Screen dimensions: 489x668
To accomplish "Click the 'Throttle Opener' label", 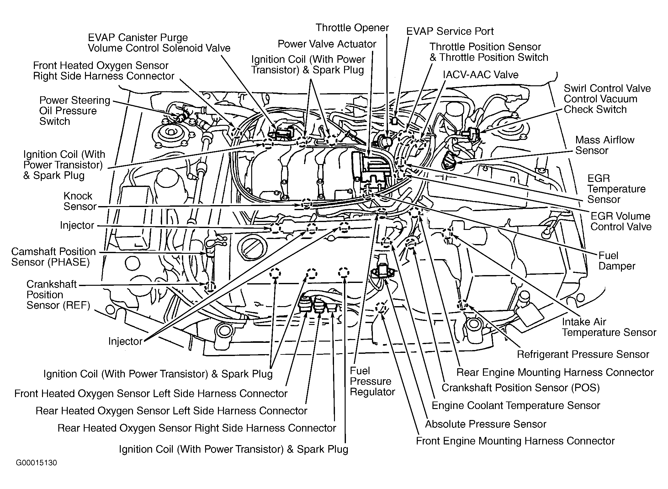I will [x=352, y=28].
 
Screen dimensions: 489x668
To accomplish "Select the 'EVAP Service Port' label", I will [x=450, y=31].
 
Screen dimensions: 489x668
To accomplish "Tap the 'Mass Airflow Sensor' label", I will [x=604, y=145].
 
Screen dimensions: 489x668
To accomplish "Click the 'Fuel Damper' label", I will [x=617, y=261].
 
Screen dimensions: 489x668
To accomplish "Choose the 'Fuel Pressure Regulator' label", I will [x=372, y=381].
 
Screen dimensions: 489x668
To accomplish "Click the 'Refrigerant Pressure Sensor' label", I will [x=583, y=354].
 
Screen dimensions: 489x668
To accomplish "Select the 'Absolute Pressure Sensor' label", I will [x=485, y=424].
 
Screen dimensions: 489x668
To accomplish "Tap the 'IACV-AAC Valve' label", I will [x=480, y=75].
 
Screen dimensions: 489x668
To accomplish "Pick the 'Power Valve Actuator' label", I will [x=327, y=44].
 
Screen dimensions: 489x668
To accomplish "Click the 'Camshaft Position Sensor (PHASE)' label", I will [x=53, y=257].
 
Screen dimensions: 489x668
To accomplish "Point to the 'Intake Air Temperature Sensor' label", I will [x=609, y=327].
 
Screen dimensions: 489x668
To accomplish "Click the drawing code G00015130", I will [x=37, y=463].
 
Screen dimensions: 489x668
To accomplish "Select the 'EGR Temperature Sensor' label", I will [x=616, y=189].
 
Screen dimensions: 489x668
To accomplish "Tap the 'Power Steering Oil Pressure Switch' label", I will [x=74, y=111].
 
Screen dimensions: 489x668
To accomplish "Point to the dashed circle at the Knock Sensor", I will [x=306, y=204].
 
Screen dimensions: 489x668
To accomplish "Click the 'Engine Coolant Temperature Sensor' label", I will [x=516, y=405].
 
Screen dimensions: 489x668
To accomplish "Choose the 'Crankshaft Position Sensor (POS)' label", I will [x=520, y=388].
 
